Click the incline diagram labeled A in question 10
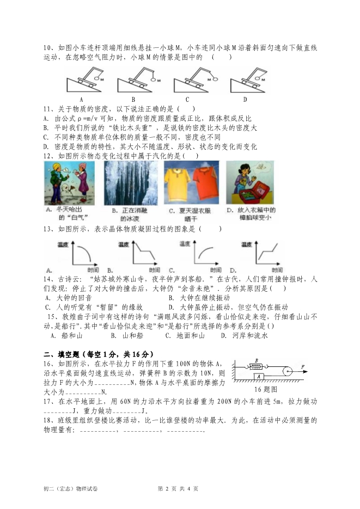pyautogui.click(x=84, y=79)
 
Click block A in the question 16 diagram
pyautogui.click(x=260, y=376)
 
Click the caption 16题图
pyautogui.click(x=266, y=389)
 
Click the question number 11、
pyautogui.click(x=48, y=108)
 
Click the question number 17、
pyautogui.click(x=48, y=401)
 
